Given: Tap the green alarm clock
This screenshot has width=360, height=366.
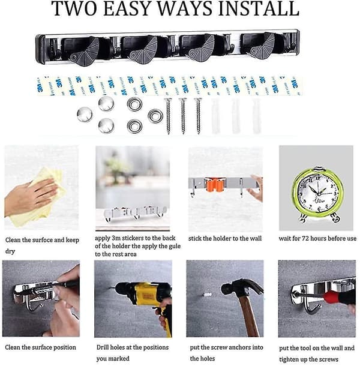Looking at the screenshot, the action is [x=318, y=193].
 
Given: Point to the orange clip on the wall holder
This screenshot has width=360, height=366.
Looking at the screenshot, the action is [x=215, y=184].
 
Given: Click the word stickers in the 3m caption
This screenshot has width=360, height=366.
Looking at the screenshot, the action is [x=133, y=238].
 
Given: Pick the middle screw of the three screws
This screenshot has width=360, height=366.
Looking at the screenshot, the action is [x=183, y=116].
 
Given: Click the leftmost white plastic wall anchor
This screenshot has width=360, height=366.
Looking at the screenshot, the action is [x=215, y=116].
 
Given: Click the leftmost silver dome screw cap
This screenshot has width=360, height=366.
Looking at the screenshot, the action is [x=85, y=115].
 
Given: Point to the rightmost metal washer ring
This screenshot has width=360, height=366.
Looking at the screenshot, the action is [x=155, y=116].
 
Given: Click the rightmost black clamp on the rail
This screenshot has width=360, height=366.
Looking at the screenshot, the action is [x=258, y=47].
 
